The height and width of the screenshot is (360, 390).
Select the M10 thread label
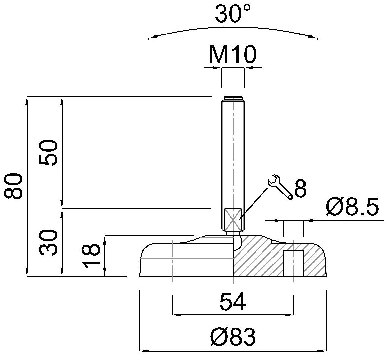coord(232,55)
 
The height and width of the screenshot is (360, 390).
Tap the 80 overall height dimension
coord(14,186)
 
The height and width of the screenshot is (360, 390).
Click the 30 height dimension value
coord(48,242)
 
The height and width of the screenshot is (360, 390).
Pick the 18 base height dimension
coord(91,256)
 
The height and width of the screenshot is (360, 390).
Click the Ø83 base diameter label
coord(233,336)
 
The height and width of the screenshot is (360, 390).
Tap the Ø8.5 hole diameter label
coord(353,207)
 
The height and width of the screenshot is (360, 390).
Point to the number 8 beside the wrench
coord(300,188)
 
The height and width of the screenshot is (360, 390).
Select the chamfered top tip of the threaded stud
coord(233,98)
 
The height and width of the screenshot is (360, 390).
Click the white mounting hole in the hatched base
coord(294,263)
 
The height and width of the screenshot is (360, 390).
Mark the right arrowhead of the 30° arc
coord(314,37)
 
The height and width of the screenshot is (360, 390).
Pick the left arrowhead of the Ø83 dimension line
coord(144,351)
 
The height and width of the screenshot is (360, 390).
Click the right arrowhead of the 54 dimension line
coord(290,315)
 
